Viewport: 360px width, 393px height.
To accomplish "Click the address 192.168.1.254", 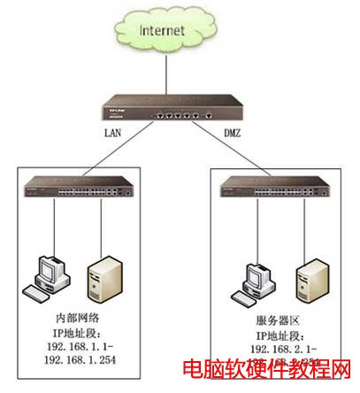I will tap(80, 360).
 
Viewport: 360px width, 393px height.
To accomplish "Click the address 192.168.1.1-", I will tap(78, 345).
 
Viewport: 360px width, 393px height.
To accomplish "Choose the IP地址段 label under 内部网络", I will tap(78, 330).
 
